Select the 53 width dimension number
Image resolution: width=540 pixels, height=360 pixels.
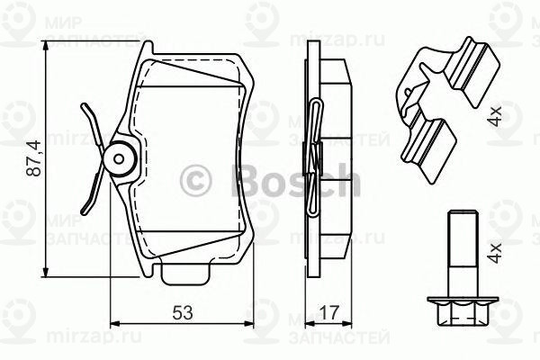(184, 311)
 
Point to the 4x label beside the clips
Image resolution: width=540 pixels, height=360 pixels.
(494, 115)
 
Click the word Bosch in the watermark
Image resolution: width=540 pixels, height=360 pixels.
(296, 181)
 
